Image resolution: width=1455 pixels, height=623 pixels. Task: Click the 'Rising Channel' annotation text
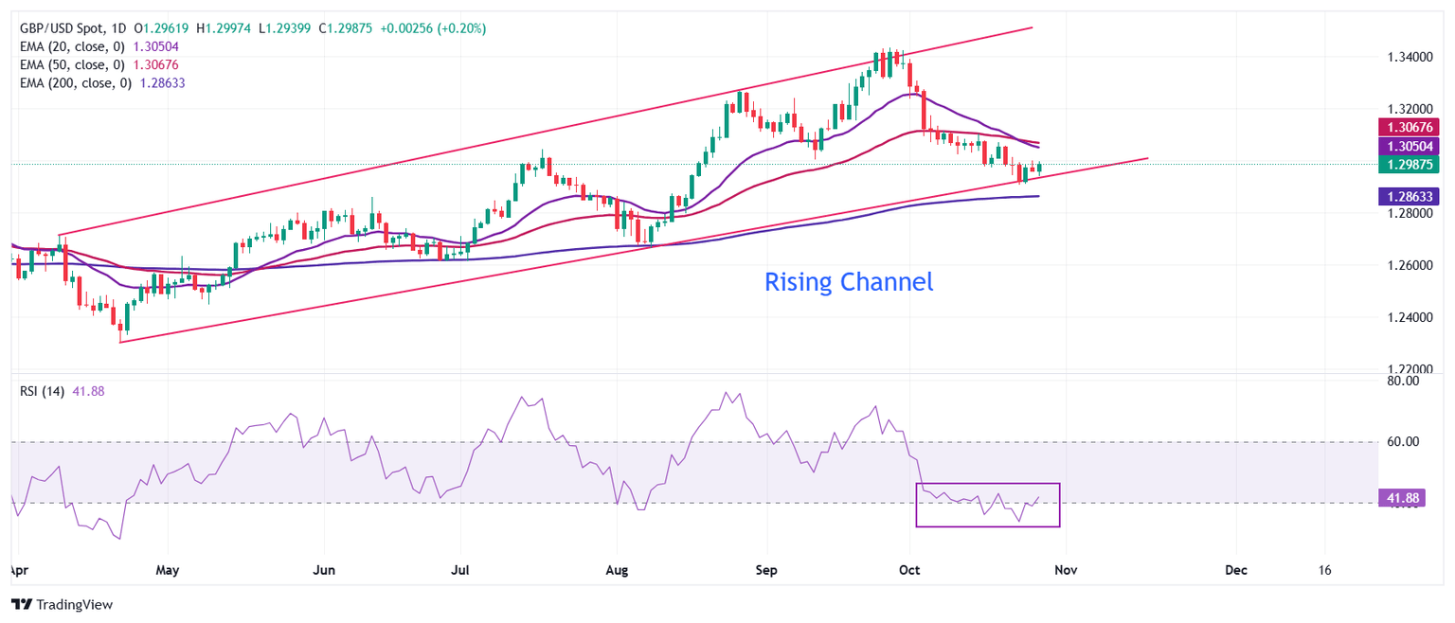point(848,282)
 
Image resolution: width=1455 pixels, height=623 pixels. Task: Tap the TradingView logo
point(62,604)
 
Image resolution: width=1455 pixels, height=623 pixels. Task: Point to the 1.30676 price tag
point(1410,128)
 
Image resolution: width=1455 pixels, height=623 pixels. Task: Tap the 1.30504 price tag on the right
point(1410,146)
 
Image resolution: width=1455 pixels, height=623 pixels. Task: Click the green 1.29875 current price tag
point(1410,164)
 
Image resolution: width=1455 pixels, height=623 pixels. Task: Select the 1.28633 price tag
point(1410,196)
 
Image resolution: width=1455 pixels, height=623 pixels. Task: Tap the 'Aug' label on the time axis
point(617,571)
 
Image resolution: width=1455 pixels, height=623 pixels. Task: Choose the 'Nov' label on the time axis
point(1066,571)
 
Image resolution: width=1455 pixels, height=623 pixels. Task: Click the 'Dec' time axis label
point(1235,571)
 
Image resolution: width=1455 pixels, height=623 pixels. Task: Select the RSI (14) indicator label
point(42,391)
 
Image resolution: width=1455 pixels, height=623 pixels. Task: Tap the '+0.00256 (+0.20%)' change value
point(433,28)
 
